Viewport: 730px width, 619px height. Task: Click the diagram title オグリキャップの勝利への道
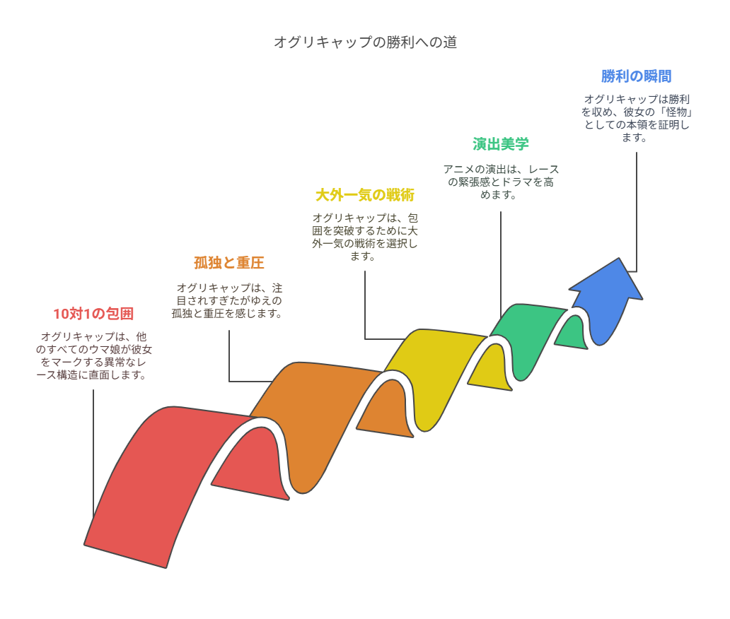pos(365,42)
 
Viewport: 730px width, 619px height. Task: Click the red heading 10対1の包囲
pos(93,314)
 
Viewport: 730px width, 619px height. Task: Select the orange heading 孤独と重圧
pos(229,263)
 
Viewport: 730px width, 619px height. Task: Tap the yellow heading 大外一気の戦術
pos(365,195)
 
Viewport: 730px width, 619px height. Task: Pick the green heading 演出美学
pos(501,144)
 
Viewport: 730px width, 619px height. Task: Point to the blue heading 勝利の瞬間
pos(637,76)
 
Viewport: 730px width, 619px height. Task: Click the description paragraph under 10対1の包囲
pos(93,355)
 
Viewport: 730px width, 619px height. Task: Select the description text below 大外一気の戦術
pos(365,237)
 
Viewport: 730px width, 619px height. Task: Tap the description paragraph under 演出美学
pos(501,182)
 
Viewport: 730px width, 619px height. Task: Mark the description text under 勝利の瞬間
pos(637,119)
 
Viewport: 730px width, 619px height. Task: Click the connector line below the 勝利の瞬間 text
pos(637,212)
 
